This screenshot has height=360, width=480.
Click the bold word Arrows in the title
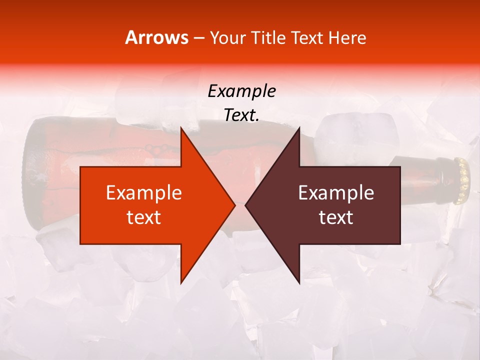(157, 37)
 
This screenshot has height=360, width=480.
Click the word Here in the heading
(347, 38)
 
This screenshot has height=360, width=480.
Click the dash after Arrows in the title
(198, 38)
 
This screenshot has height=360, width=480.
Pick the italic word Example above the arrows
(241, 91)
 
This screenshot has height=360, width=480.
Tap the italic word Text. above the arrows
(241, 115)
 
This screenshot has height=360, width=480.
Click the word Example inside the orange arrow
(144, 193)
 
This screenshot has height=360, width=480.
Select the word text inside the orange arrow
(144, 217)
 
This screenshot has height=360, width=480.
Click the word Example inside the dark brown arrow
(336, 193)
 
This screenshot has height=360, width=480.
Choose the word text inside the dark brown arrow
(336, 217)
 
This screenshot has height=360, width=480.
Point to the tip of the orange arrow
(234, 205)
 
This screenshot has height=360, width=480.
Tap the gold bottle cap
(463, 180)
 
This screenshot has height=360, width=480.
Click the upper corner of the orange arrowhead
(181, 128)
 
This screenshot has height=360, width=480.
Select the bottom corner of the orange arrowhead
(181, 282)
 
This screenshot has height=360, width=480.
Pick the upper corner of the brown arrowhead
(299, 128)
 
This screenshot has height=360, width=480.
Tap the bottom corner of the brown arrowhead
(299, 282)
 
